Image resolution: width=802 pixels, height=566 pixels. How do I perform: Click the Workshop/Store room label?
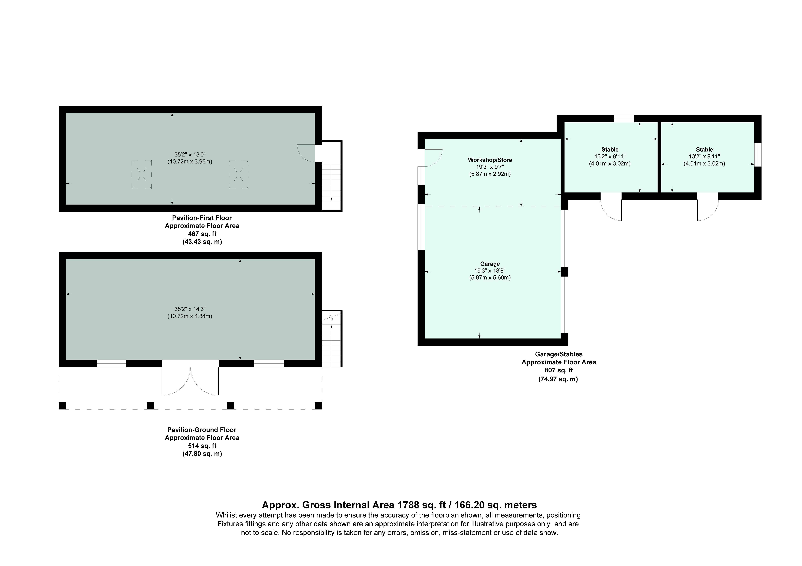coord(490,160)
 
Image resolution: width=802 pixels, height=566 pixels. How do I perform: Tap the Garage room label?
coord(490,264)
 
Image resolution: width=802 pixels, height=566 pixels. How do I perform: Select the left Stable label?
coord(610,149)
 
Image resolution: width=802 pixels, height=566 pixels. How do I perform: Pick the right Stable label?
coord(704,149)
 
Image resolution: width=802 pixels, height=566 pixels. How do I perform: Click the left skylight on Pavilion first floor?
coord(141,174)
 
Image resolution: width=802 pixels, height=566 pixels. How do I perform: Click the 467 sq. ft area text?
coord(202,233)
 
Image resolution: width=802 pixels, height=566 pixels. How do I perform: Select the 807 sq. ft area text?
coord(558,370)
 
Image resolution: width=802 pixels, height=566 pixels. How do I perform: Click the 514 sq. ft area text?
coord(202,446)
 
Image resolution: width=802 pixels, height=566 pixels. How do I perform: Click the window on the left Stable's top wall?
coord(624,119)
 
